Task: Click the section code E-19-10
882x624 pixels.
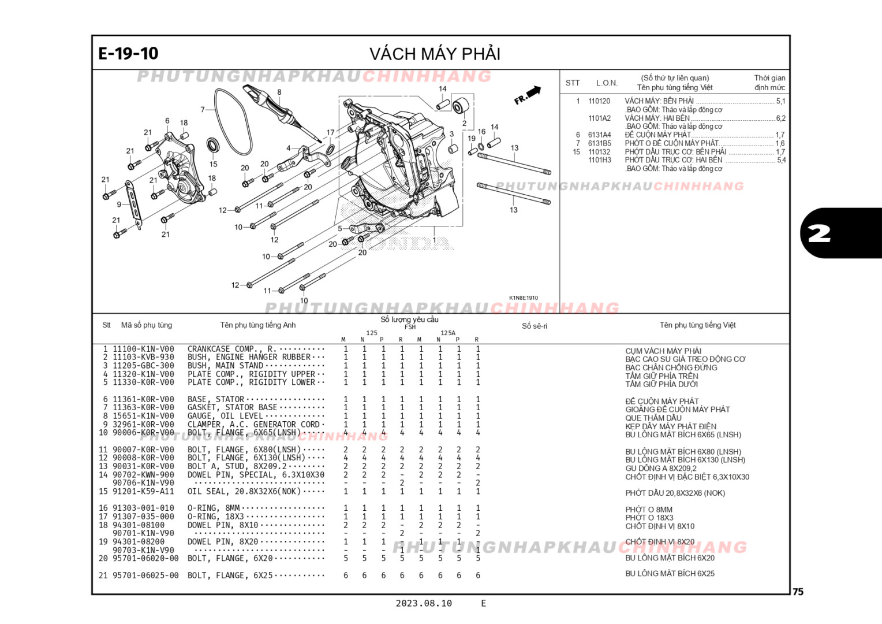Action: coord(128,54)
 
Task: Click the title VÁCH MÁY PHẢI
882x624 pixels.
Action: coord(435,54)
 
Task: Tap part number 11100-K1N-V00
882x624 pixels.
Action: coord(143,349)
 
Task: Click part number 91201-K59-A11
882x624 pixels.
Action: coord(143,492)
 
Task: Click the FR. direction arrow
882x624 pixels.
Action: coord(528,95)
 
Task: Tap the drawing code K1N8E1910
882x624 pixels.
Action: coord(523,298)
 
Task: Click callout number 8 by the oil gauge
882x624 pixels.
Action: coord(279,92)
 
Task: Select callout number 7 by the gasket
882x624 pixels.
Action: coord(203,109)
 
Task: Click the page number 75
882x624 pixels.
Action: coord(798,592)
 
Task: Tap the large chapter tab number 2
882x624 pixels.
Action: coord(819,233)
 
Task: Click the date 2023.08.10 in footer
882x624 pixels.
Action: coord(424,603)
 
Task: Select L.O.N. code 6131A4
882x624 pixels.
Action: coord(599,135)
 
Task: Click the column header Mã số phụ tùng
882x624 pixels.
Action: coord(147,325)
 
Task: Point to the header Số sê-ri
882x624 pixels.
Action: coord(535,326)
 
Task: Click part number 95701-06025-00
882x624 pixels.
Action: coord(145,575)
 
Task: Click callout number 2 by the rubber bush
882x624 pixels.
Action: coord(464,123)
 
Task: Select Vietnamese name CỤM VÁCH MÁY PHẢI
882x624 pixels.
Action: coord(663,351)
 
